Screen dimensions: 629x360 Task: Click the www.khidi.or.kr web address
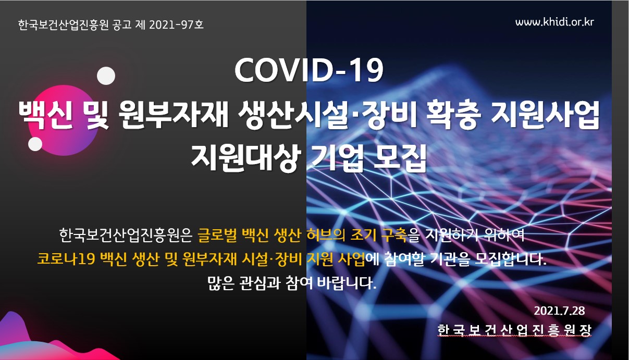pyautogui.click(x=554, y=22)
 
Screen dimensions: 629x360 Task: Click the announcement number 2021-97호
pyautogui.click(x=176, y=25)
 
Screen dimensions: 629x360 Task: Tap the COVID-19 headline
pyautogui.click(x=309, y=70)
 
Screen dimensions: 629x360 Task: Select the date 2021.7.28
pyautogui.click(x=559, y=311)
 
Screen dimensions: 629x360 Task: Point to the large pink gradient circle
pyautogui.click(x=64, y=120)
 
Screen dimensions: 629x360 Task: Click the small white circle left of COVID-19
pyautogui.click(x=106, y=76)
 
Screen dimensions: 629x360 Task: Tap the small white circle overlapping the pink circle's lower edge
pyautogui.click(x=35, y=144)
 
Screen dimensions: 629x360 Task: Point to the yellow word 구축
pyautogui.click(x=393, y=235)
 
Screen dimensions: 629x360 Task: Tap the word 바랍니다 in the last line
pyautogui.click(x=347, y=283)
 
